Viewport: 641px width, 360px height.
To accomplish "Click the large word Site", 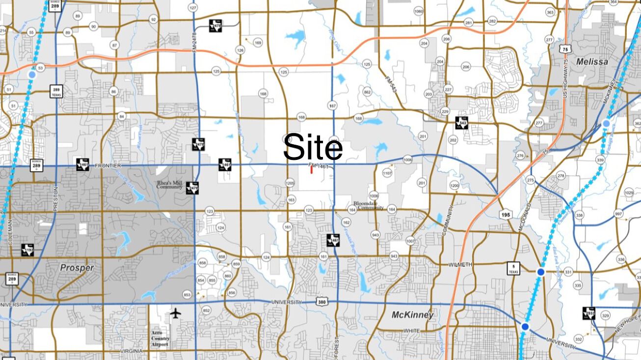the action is pos(313,147).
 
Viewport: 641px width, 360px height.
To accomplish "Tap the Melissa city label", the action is pos(592,62).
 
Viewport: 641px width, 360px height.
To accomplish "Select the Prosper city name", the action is pos(77,268).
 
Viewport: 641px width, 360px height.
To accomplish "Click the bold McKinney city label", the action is pos(412,315).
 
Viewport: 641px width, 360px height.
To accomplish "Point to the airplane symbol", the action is pos(175,313).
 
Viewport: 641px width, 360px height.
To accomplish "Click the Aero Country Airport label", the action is pos(160,338).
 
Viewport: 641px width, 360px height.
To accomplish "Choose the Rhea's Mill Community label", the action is pos(170,185).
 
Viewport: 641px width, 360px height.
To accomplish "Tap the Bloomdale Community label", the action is pos(369,205).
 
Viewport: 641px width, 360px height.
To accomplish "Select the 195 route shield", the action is pos(506,215).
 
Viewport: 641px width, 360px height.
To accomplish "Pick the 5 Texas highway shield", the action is pos(513,268).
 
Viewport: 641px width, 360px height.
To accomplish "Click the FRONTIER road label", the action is pos(107,166).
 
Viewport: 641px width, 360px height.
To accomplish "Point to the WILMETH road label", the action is pos(460,265).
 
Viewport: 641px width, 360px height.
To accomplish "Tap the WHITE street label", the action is pos(411,331).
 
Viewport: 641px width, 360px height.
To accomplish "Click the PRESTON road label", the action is pos(55,199).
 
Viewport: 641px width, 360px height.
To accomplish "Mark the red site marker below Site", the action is pos(311,170).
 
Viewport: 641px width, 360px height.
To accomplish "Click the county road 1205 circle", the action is pos(290,183).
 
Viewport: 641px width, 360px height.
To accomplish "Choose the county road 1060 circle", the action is pos(418,11).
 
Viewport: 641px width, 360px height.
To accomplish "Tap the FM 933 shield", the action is pos(589,313).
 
